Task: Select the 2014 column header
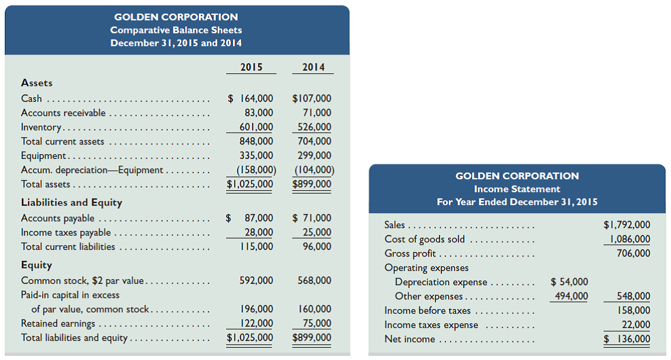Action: pyautogui.click(x=313, y=67)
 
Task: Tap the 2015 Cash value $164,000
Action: pyautogui.click(x=250, y=98)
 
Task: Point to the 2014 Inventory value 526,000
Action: pyautogui.click(x=314, y=127)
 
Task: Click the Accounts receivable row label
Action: pyautogui.click(x=63, y=113)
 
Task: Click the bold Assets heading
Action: pyautogui.click(x=37, y=83)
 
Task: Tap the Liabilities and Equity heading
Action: pyautogui.click(x=71, y=202)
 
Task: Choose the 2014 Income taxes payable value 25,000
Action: pyautogui.click(x=317, y=232)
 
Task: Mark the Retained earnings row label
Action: pyautogui.click(x=58, y=323)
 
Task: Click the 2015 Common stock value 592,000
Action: pyautogui.click(x=256, y=281)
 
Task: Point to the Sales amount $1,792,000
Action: pyautogui.click(x=626, y=225)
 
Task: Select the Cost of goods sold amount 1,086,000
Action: pyautogui.click(x=629, y=239)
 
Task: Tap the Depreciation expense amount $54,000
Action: pyautogui.click(x=569, y=282)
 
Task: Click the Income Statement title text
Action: pyautogui.click(x=517, y=189)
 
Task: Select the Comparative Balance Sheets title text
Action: pyautogui.click(x=176, y=30)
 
